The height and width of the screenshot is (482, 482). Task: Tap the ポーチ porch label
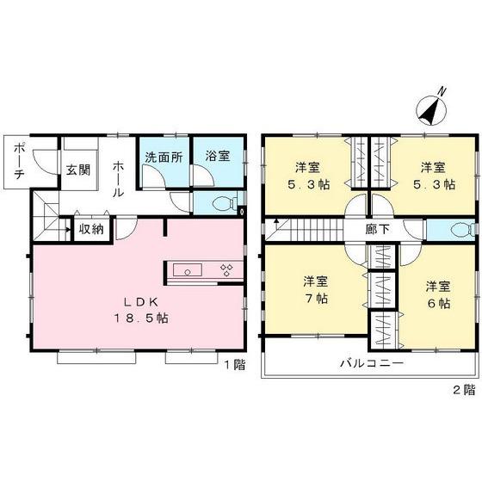(18, 160)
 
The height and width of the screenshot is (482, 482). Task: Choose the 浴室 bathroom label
(215, 157)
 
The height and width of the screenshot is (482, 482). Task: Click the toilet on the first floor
(225, 204)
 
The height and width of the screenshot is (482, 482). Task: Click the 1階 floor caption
(234, 365)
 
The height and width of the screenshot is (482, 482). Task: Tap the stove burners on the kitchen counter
(226, 271)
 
